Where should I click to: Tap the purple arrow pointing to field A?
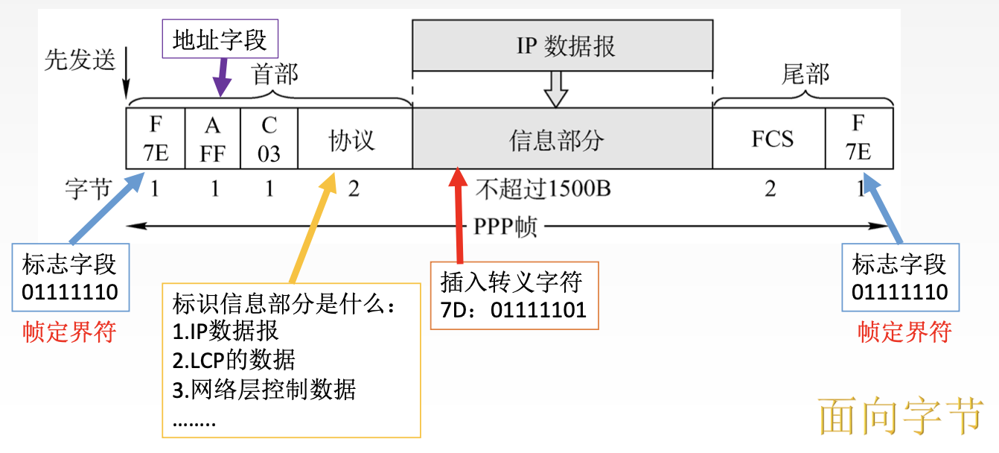pyautogui.click(x=220, y=79)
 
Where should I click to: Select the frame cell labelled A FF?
pyautogui.click(x=213, y=139)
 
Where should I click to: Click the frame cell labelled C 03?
pyautogui.click(x=269, y=139)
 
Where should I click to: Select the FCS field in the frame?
pyautogui.click(x=772, y=139)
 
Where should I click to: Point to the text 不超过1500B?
pyautogui.click(x=543, y=189)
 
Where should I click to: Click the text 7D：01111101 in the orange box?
pyautogui.click(x=513, y=310)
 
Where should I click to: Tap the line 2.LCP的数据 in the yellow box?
pyautogui.click(x=234, y=361)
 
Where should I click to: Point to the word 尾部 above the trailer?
pyautogui.click(x=805, y=75)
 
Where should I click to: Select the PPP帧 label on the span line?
pyautogui.click(x=506, y=227)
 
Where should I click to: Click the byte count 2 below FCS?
pyautogui.click(x=770, y=189)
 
